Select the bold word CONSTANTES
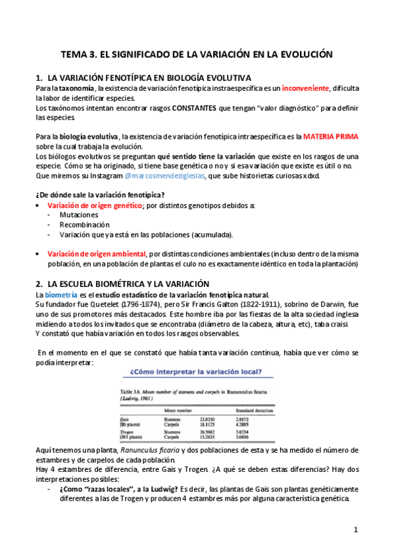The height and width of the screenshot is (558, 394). [x=202, y=108]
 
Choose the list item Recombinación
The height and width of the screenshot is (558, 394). [x=84, y=225]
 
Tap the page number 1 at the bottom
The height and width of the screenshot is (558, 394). [x=356, y=530]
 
